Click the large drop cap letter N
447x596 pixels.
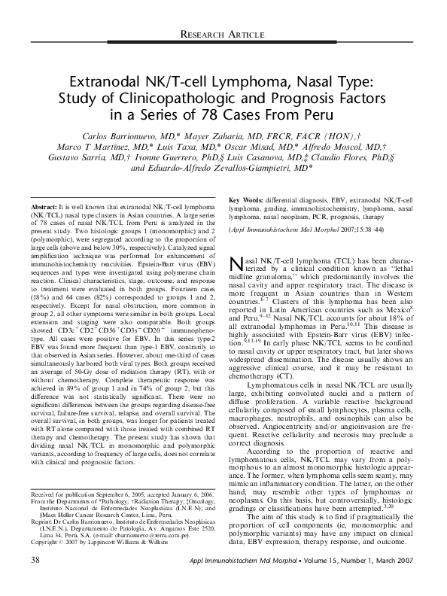click(x=236, y=263)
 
